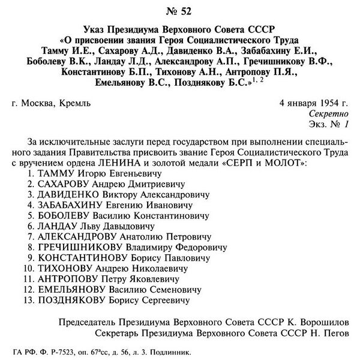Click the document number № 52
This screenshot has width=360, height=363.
click(x=180, y=10)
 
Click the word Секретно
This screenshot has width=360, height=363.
click(x=328, y=113)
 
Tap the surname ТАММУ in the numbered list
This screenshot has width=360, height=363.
click(x=54, y=173)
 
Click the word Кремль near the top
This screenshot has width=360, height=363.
click(x=75, y=103)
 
